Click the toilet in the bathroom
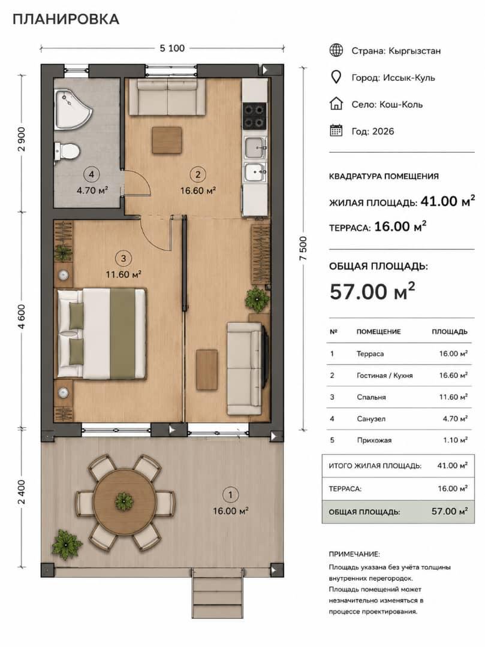67,151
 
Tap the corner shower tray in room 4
73,109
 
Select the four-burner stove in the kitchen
254,116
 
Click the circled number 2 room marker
198,174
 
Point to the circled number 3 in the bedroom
123,259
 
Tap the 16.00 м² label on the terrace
230,511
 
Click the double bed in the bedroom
101,334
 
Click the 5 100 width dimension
172,49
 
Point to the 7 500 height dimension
303,248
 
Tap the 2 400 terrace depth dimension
22,492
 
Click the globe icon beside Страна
336,50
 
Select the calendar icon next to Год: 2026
336,131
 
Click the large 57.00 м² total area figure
372,292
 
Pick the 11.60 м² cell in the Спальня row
453,397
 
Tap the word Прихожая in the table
374,440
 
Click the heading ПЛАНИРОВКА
66,19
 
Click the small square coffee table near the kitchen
167,140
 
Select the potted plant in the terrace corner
67,544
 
